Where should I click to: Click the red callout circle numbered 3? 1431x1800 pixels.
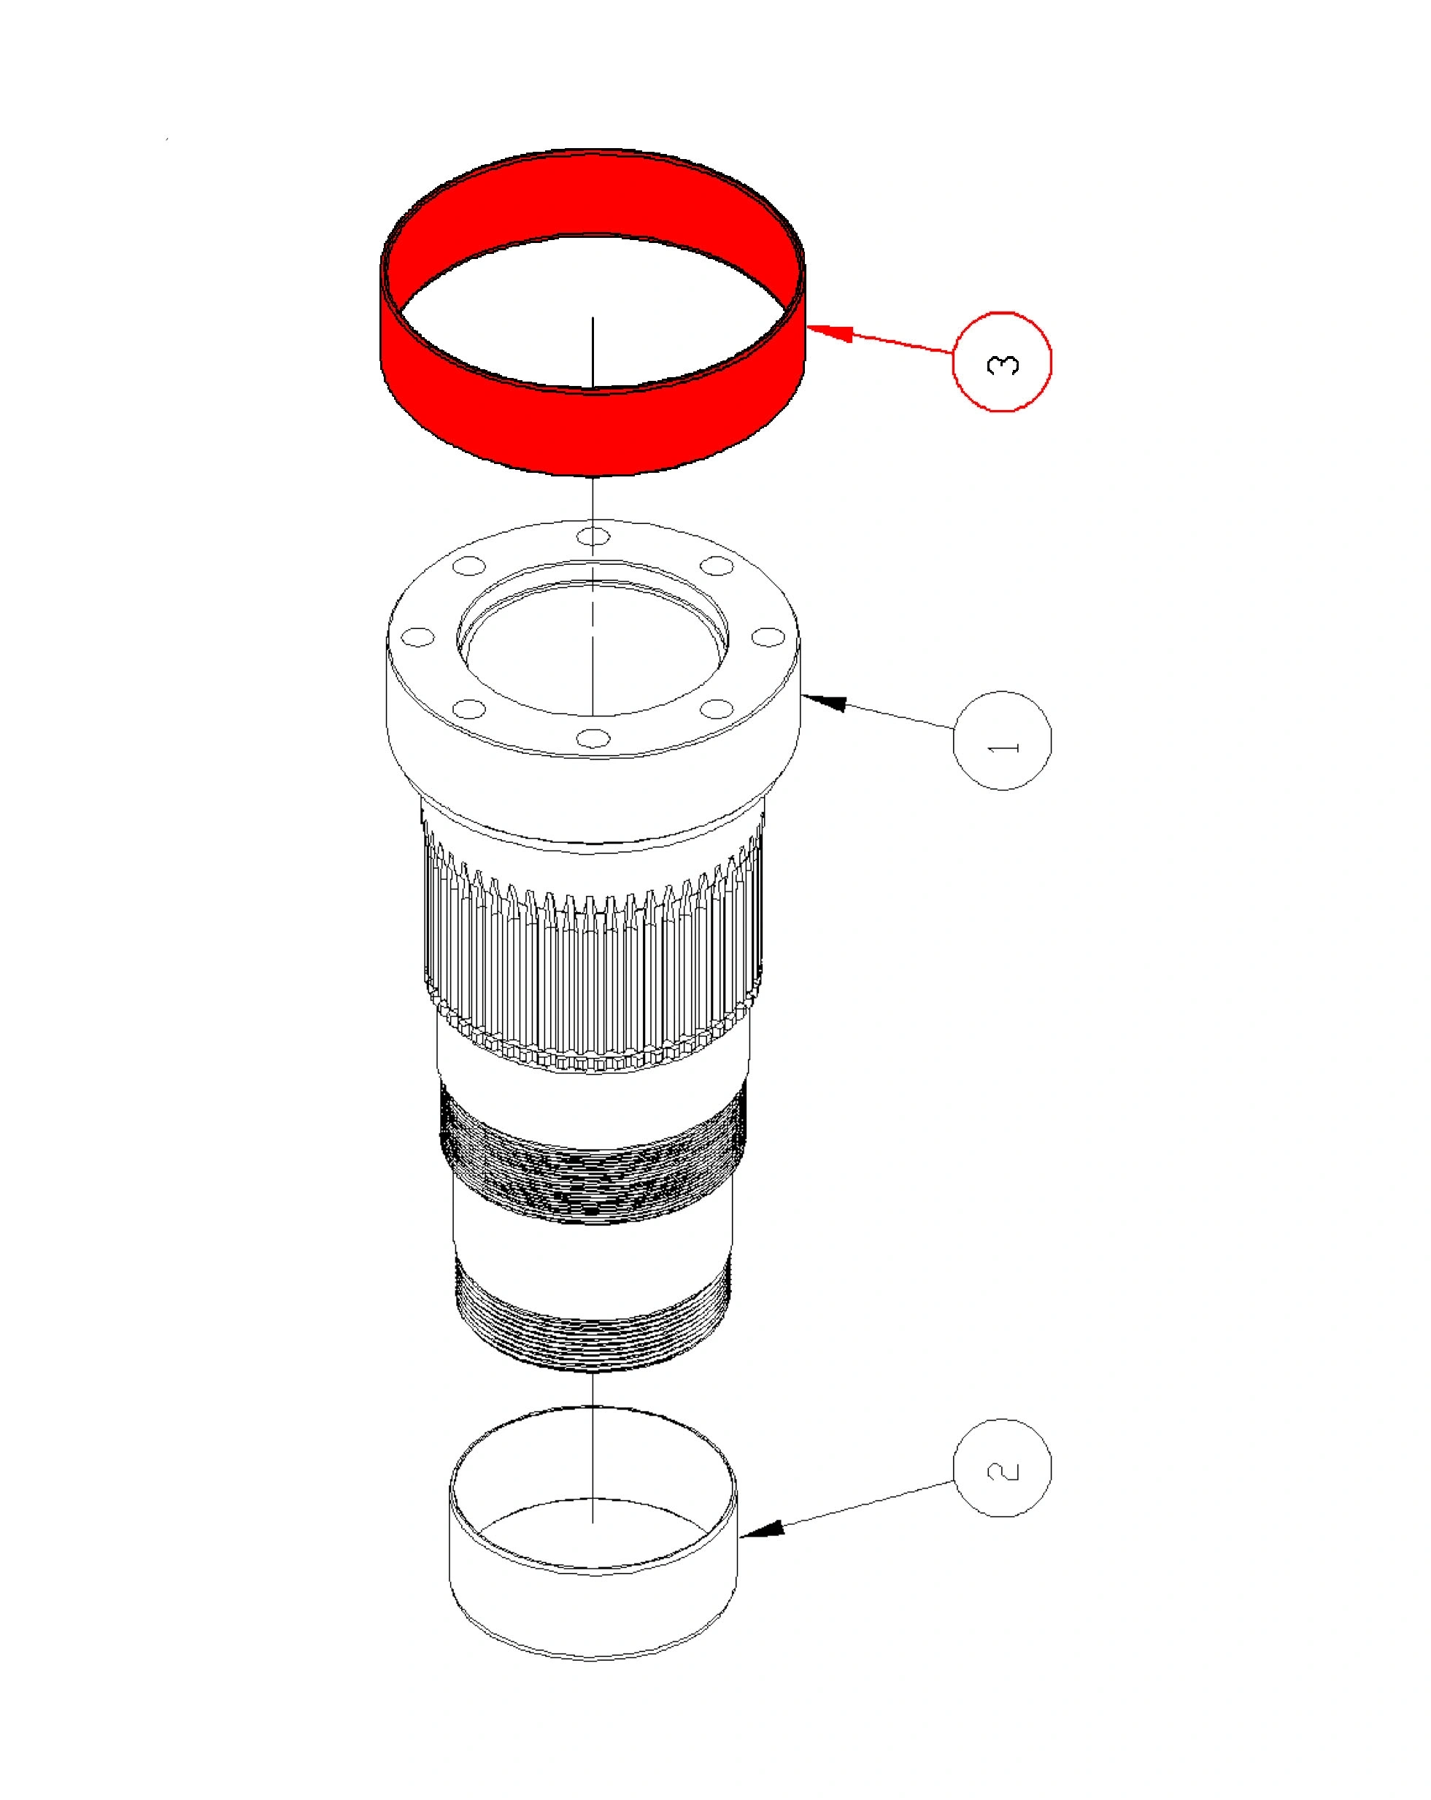(x=1001, y=361)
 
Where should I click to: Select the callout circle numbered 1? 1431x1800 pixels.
(x=1001, y=740)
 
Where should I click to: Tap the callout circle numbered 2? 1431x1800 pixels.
(x=1001, y=1468)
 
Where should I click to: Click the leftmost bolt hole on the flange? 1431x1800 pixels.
(x=417, y=637)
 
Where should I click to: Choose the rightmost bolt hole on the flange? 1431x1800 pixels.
(x=767, y=637)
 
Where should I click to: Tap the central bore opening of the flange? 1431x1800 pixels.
(x=593, y=647)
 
